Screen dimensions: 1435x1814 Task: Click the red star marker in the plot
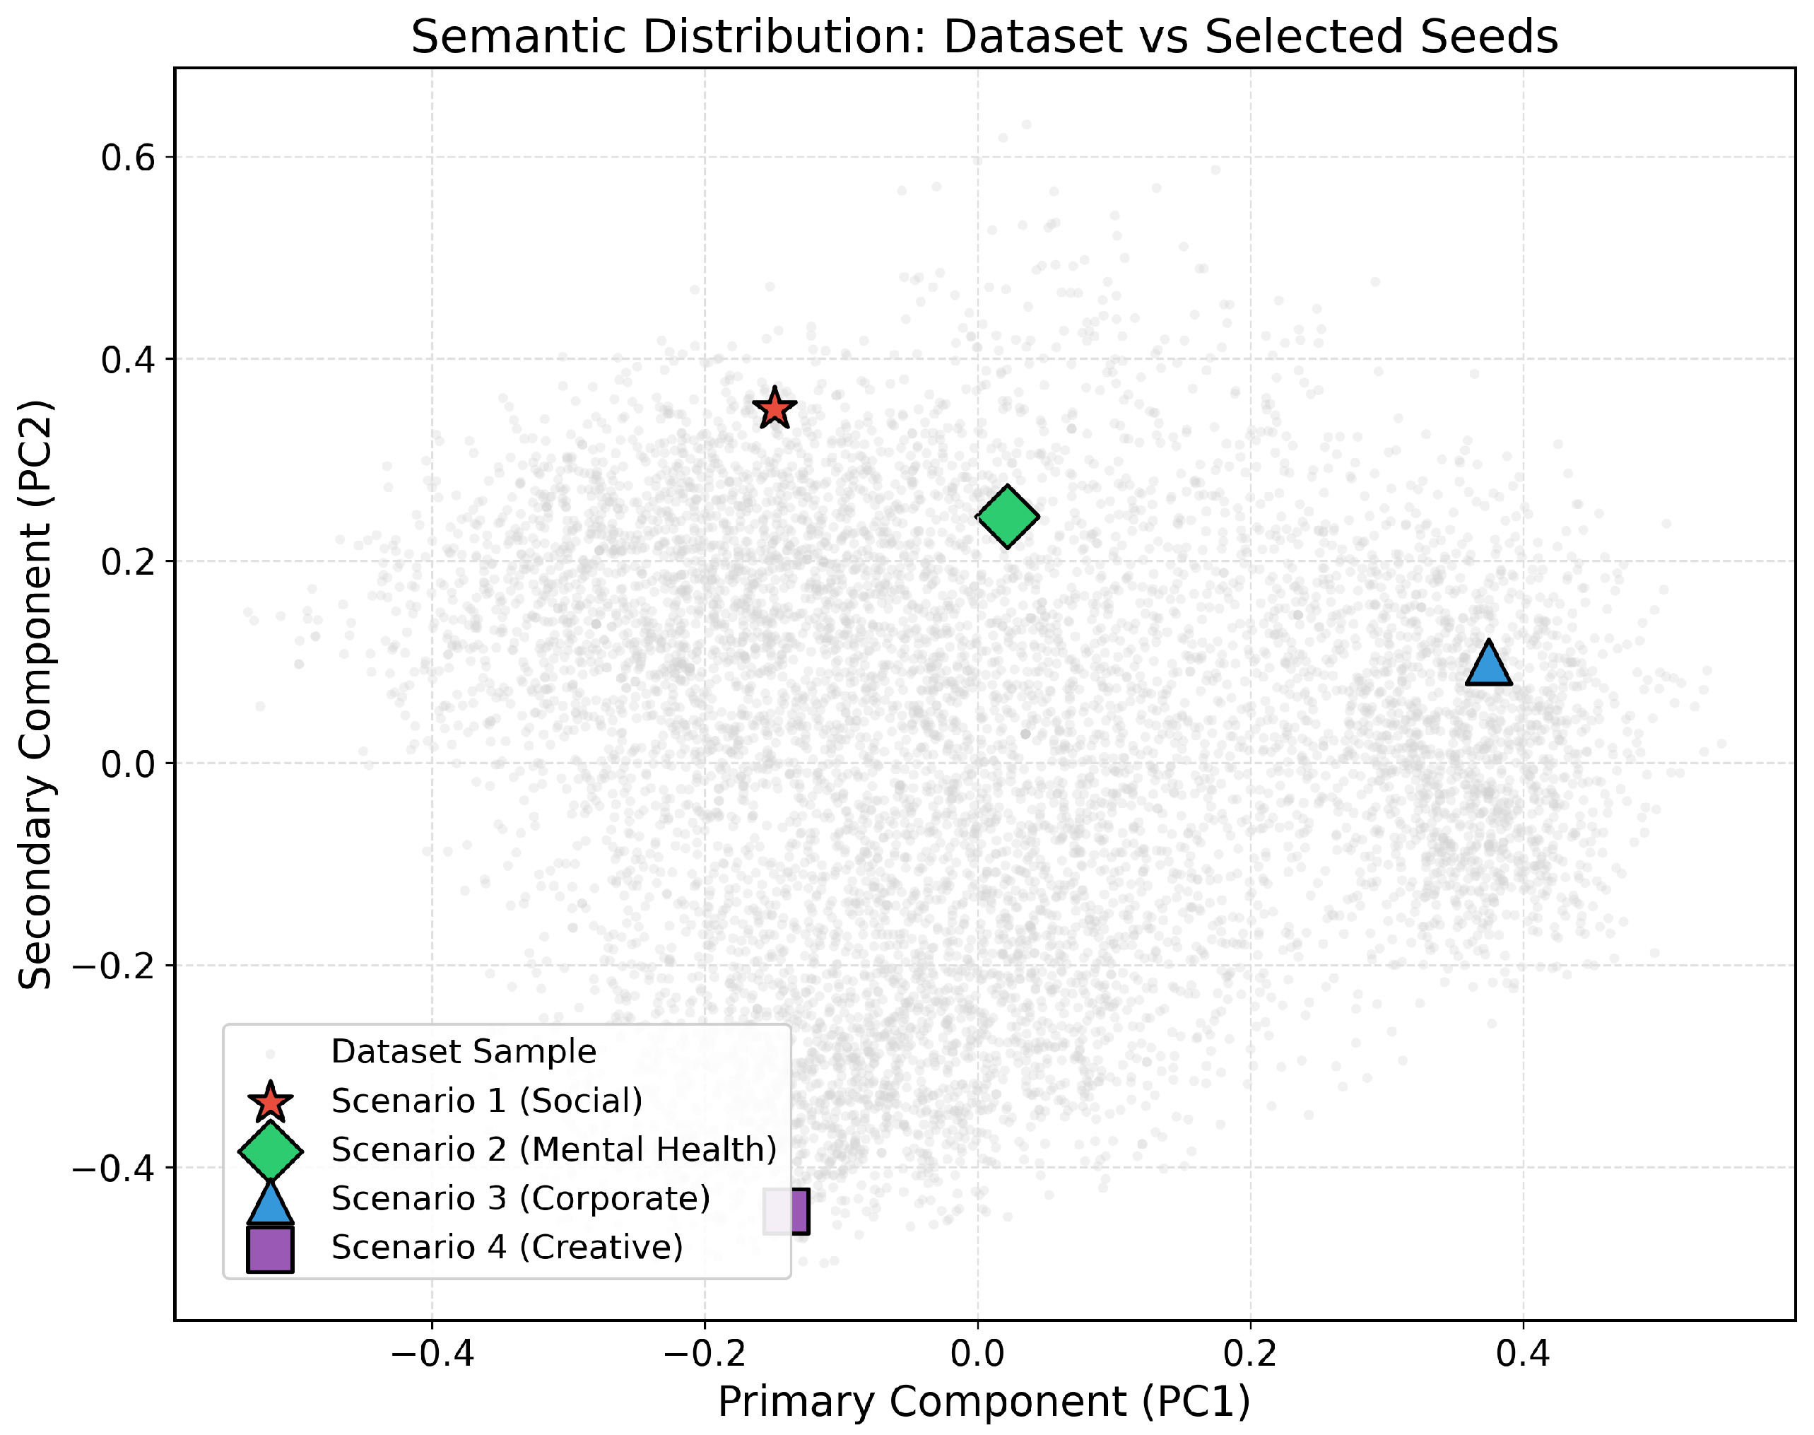click(x=774, y=409)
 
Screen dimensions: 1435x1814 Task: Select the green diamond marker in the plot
click(x=1007, y=516)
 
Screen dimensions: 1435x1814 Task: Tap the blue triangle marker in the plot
click(x=1488, y=664)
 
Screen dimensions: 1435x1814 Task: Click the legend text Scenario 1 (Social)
click(x=486, y=1100)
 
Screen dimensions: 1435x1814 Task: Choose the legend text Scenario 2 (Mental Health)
click(x=553, y=1149)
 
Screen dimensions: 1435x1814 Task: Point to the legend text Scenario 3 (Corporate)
click(x=521, y=1198)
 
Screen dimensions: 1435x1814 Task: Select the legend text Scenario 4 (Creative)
click(x=507, y=1247)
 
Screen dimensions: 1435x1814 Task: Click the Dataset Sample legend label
click(x=463, y=1051)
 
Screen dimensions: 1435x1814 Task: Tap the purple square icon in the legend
click(x=269, y=1249)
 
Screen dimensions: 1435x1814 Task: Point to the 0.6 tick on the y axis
click(x=129, y=157)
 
